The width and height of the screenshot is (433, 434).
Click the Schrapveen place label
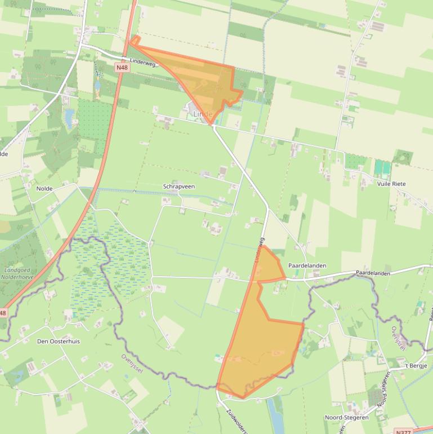[x=178, y=186]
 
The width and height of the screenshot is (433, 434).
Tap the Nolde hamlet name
[x=44, y=189]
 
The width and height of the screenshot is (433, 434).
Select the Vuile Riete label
[x=391, y=184]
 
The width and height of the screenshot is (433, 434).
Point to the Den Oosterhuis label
[x=59, y=342]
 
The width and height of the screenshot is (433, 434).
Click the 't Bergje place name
[x=416, y=366]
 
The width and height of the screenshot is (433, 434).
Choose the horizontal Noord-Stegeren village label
[x=346, y=418]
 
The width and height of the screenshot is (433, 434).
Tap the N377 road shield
[x=403, y=431]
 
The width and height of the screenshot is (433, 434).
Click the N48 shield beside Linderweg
[x=122, y=67]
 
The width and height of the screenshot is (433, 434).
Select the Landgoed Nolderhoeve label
[x=17, y=273]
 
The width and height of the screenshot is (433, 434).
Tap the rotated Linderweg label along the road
[x=260, y=249]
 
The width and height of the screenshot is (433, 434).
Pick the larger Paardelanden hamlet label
[x=307, y=265]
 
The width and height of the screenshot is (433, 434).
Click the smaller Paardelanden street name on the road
[x=373, y=273]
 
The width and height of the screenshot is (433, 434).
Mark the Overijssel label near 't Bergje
[x=398, y=337]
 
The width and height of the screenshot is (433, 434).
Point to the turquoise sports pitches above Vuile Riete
[x=382, y=167]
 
